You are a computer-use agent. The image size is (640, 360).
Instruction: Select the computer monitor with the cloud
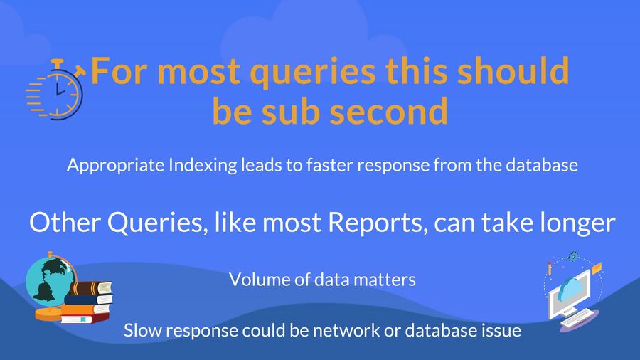click(570, 292)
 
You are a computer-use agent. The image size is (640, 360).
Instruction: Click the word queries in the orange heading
click(313, 71)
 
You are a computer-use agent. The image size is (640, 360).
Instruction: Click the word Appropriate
click(115, 166)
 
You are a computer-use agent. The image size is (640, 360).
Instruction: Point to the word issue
click(503, 330)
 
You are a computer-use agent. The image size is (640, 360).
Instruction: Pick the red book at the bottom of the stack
click(85, 317)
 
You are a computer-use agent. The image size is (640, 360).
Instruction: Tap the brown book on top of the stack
click(90, 287)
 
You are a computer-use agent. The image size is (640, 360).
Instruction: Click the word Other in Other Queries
click(65, 223)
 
